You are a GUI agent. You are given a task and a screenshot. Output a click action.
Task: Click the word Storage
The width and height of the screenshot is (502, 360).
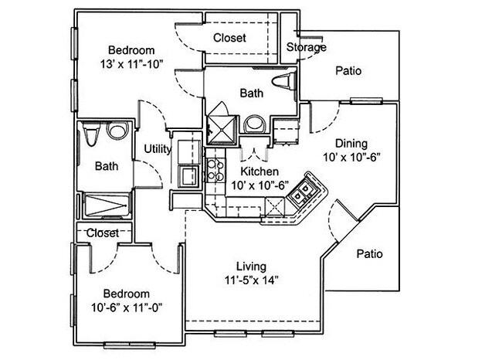pos(306,47)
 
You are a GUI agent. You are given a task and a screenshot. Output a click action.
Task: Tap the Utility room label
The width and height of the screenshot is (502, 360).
pos(158,149)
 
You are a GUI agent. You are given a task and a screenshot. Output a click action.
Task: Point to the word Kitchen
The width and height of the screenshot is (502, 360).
pos(259,171)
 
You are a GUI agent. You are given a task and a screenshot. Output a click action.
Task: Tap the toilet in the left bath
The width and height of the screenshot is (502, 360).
pos(91,136)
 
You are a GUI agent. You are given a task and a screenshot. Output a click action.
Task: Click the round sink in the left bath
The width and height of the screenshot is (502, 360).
pos(117,131)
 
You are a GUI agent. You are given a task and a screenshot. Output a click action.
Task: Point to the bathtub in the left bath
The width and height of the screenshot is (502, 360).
pos(107,205)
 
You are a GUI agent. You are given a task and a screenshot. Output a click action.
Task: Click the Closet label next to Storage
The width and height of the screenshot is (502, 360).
pos(229,37)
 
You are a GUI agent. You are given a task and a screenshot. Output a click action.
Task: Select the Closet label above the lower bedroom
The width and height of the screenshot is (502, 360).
pos(102,233)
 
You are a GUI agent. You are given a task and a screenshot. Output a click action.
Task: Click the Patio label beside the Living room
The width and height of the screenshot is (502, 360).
pos(368,253)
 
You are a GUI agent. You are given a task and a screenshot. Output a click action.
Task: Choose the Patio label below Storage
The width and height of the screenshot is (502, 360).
pos(349,71)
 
